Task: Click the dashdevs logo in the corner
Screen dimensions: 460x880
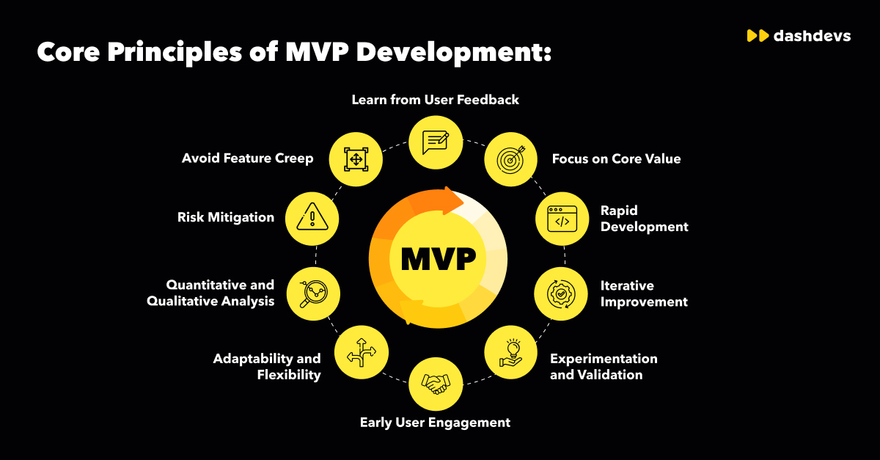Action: coord(798,35)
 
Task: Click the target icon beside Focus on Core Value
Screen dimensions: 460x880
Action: coord(510,159)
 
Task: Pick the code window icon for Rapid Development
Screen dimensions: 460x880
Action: coord(562,218)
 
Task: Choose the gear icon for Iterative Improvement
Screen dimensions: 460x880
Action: coord(562,293)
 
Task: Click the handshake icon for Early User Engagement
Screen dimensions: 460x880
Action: coord(436,383)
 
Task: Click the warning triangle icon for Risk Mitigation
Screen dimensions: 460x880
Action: coord(313,218)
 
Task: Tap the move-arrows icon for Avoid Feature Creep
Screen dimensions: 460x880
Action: coord(356,159)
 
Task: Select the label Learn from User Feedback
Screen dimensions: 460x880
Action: coord(436,100)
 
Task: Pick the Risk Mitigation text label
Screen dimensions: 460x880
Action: coord(226,217)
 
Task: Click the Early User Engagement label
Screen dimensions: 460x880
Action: coord(435,422)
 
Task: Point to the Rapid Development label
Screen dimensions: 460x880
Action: coord(644,219)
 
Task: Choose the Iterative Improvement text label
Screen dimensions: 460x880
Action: coord(644,293)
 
